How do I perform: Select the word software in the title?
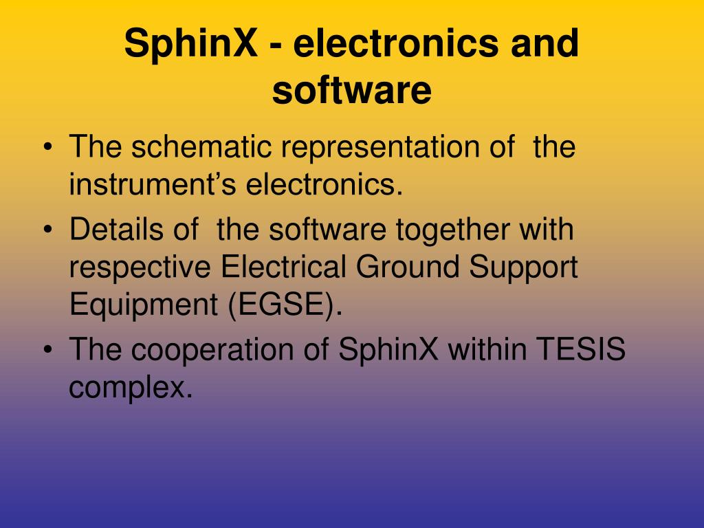pyautogui.click(x=351, y=90)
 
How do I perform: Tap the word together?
pyautogui.click(x=452, y=230)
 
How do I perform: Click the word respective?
pyautogui.click(x=140, y=268)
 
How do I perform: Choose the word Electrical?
pyautogui.click(x=283, y=266)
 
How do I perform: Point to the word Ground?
pyautogui.click(x=408, y=266)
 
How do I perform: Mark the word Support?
pyautogui.click(x=523, y=268)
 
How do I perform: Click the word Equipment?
pyautogui.click(x=144, y=305)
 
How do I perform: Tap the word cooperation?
pyautogui.click(x=212, y=350)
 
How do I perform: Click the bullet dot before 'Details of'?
pyautogui.click(x=48, y=229)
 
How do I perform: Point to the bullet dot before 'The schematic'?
pyautogui.click(x=48, y=146)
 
